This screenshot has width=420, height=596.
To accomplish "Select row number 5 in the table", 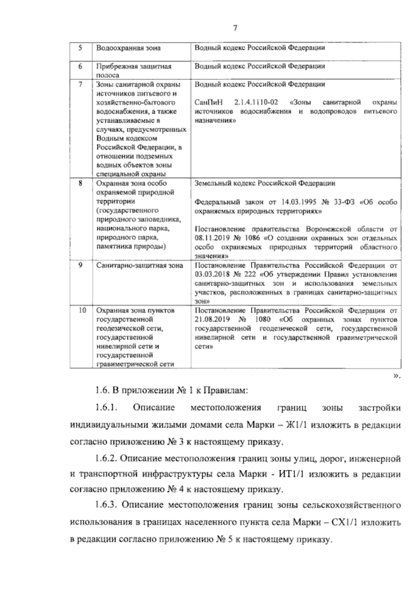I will [x=80, y=48].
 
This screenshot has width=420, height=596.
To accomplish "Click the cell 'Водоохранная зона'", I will [x=128, y=48].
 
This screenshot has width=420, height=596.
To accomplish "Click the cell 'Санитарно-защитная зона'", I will [x=140, y=265].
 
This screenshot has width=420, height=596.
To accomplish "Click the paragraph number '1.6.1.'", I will [x=105, y=408].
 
